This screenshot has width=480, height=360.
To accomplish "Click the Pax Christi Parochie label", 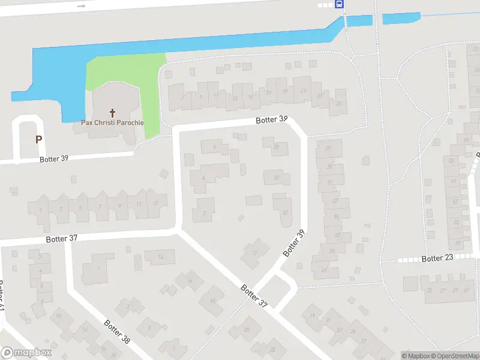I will coord(112,122).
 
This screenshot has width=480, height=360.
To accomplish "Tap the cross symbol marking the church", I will coord(112,112).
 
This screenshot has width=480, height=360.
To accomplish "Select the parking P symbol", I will coord(38,139).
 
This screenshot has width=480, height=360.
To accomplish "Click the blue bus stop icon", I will coord(340,4).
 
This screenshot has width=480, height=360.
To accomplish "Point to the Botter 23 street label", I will coord(437,259).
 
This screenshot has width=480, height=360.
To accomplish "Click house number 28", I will coord(276,146).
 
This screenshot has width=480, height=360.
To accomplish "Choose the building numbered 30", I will coord(277,178).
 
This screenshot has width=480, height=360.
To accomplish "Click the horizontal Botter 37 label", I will coord(62,238).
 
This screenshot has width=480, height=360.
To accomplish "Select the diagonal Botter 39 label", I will coord(294,243).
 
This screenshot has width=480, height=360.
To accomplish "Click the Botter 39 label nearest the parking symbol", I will coord(55,159).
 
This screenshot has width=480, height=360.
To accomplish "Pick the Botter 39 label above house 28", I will coord(271,119).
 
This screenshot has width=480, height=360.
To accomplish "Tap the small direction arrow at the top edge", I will coord(82,5).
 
